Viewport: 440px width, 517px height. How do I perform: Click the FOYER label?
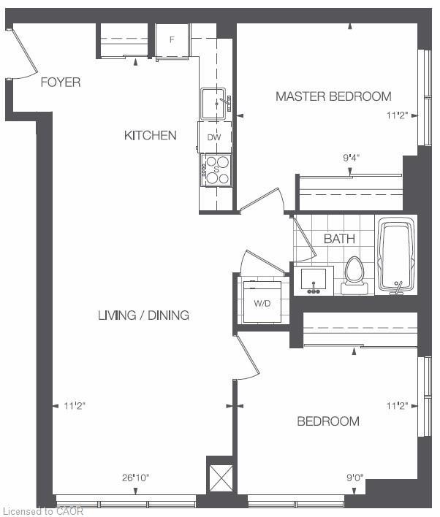tap(60, 83)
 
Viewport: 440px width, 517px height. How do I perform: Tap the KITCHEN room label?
tap(150, 135)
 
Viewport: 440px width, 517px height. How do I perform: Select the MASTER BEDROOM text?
tap(333, 96)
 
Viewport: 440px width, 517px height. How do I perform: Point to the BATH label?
tap(339, 239)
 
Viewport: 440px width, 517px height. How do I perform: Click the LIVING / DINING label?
tap(143, 315)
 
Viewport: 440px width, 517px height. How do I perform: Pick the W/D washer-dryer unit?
tap(262, 302)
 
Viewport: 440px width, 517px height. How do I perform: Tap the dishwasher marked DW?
tap(214, 137)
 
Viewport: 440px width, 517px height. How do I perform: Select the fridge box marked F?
tap(172, 39)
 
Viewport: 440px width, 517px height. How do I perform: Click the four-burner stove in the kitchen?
tap(215, 169)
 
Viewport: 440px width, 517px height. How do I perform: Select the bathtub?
tap(396, 256)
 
